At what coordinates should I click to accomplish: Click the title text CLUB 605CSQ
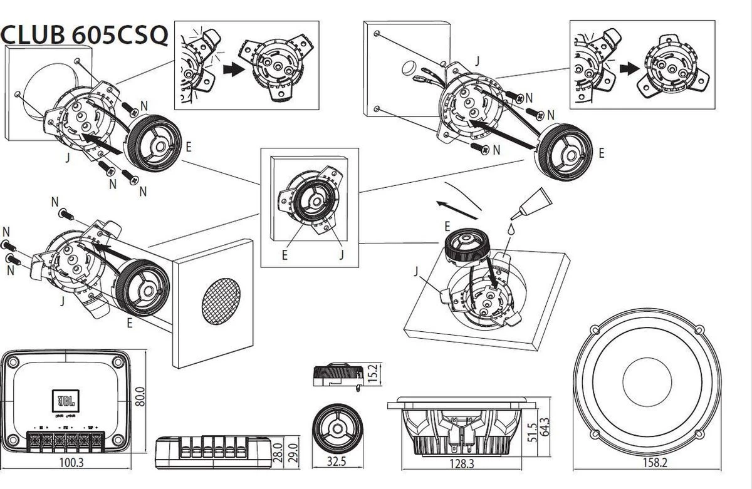pyautogui.click(x=85, y=34)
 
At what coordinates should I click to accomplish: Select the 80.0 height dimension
pyautogui.click(x=141, y=396)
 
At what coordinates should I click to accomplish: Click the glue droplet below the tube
pyautogui.click(x=513, y=230)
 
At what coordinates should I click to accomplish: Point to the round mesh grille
pyautogui.click(x=222, y=301)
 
